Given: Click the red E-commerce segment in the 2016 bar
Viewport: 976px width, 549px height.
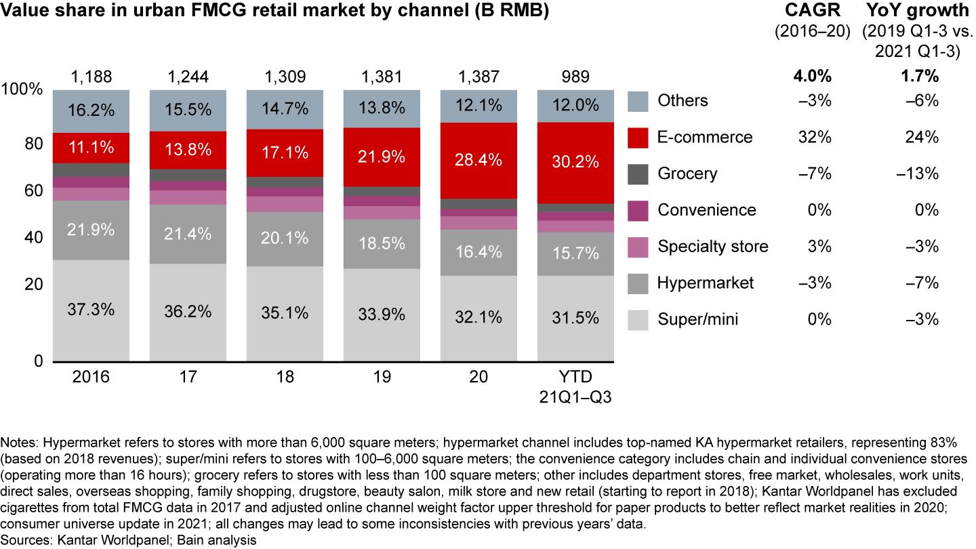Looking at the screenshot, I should [91, 148].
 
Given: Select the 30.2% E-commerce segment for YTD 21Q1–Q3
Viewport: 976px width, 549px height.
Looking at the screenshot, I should [575, 163].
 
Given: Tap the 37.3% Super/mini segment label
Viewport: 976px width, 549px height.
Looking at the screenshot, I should [91, 310].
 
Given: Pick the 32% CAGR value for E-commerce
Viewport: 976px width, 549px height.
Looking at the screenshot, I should [815, 138].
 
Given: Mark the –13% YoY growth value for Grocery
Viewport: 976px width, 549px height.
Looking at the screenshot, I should [919, 174].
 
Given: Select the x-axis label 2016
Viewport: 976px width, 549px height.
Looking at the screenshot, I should [91, 377].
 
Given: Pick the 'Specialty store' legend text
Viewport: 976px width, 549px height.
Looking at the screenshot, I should [713, 247].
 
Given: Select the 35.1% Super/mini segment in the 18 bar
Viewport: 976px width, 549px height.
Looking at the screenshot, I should [285, 313].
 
